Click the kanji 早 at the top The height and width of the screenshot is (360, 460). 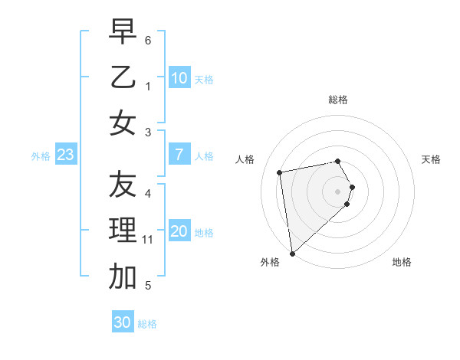tap(123, 32)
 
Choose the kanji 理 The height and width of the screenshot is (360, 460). tap(123, 231)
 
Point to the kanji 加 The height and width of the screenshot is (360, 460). tap(123, 277)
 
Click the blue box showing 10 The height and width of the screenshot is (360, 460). tap(179, 78)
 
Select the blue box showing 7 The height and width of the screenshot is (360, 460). tap(179, 155)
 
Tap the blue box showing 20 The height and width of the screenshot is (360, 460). tap(179, 232)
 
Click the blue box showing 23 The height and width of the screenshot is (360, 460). tap(66, 155)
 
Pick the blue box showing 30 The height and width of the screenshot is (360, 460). tap(123, 322)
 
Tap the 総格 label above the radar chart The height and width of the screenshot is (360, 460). tap(338, 100)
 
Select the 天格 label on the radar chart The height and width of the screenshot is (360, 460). tap(431, 159)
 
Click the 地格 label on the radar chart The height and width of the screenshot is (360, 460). tap(402, 262)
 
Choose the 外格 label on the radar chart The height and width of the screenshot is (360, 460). tap(270, 262)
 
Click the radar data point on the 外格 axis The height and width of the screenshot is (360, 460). tap(292, 253)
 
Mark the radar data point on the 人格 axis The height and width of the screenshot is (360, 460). tap(280, 172)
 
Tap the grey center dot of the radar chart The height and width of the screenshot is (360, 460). tap(338, 191)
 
